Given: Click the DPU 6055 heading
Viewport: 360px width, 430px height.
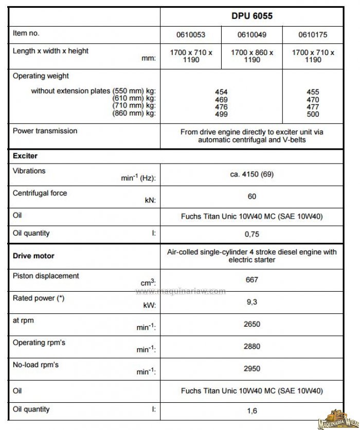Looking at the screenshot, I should click(251, 16).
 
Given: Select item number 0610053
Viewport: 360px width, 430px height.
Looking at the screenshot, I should click(191, 35).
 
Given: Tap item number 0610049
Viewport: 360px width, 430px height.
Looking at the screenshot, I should click(251, 35).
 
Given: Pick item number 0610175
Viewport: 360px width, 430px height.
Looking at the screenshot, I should click(313, 35).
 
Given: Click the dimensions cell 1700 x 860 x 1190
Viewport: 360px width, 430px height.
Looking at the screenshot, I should click(251, 56).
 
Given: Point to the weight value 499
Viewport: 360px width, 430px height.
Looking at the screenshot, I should click(222, 114).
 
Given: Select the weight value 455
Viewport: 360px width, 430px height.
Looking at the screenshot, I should click(313, 92).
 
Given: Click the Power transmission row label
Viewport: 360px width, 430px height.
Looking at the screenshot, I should click(45, 131).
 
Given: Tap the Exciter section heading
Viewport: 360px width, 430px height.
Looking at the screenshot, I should click(25, 155).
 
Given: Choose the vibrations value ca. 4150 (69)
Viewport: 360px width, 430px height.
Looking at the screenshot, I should click(251, 174).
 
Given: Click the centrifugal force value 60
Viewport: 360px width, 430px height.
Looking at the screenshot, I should click(251, 196).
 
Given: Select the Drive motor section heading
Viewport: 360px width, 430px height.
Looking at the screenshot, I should click(33, 256).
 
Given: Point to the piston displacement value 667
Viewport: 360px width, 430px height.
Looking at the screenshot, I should click(251, 280).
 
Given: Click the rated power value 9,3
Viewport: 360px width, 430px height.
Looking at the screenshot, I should click(251, 302).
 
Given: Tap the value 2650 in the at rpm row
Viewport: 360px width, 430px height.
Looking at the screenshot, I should click(251, 325).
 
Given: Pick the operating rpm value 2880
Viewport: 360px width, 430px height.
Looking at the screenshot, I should click(251, 347).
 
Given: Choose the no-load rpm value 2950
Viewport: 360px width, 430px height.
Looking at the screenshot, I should click(251, 369).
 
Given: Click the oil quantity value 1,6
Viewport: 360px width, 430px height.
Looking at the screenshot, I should click(251, 410).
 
